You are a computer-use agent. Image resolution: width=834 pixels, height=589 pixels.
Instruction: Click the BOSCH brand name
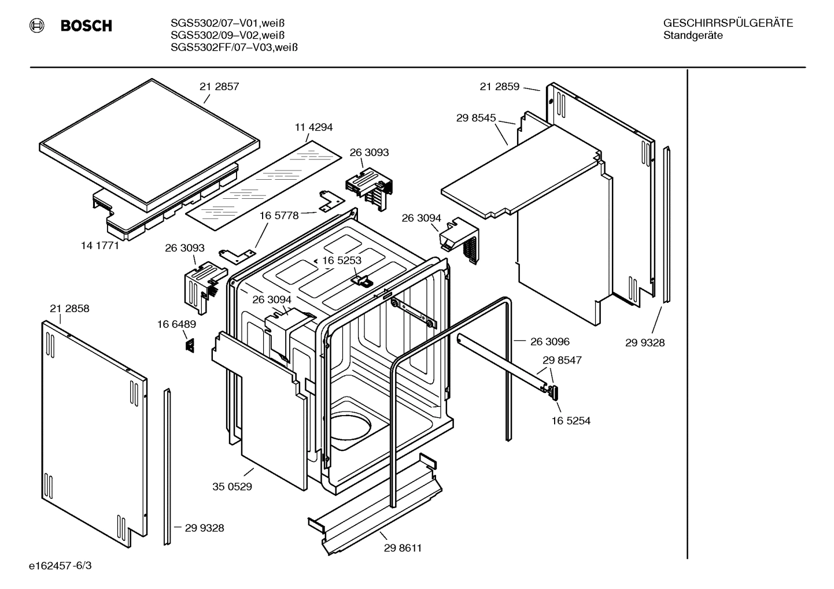tap(86, 26)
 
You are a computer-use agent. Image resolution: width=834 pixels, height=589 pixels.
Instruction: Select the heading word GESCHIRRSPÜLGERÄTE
tap(728, 23)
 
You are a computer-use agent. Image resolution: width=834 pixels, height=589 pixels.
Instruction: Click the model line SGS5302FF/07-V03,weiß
tap(234, 48)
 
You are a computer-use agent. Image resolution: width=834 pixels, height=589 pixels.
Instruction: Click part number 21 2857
tap(219, 87)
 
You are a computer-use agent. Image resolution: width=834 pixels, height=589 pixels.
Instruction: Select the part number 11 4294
tap(313, 127)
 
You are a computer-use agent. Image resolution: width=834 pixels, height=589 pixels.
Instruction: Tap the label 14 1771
tap(99, 245)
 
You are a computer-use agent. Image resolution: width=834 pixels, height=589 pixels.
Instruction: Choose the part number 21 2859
tap(499, 87)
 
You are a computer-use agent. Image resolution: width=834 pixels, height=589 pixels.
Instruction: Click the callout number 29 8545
tap(476, 118)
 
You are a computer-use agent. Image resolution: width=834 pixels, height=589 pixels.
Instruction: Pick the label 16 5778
tap(279, 216)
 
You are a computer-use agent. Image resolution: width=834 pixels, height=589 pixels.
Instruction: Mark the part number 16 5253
tap(341, 261)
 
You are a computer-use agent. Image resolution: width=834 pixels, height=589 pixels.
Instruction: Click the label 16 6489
tap(176, 325)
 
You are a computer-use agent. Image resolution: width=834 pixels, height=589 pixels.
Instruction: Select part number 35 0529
tap(232, 487)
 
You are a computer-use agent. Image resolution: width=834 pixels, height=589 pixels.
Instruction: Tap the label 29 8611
tap(403, 548)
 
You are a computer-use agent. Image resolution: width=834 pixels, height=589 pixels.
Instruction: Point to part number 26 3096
tap(549, 342)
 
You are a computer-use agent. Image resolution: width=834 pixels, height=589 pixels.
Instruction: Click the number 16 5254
tap(570, 421)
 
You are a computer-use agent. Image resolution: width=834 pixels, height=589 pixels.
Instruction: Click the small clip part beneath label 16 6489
tap(189, 345)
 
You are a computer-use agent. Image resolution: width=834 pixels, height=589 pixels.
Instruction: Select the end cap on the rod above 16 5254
tap(553, 392)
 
